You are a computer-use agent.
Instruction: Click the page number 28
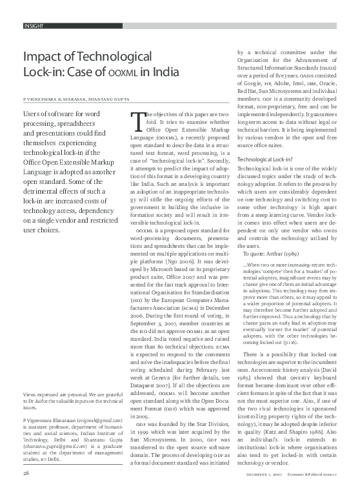coord(26,473)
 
